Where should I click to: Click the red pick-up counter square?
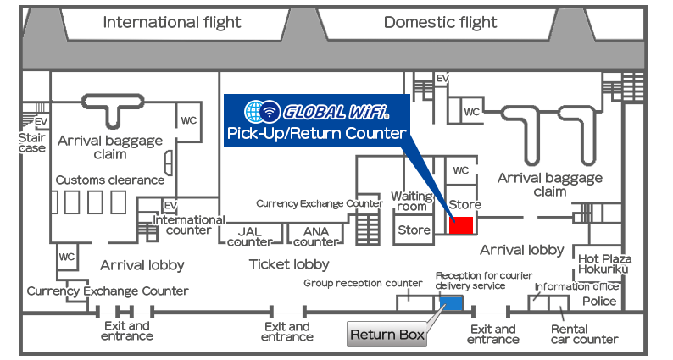[x=461, y=225]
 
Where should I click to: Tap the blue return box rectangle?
[x=451, y=303]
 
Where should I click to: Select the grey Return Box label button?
[x=387, y=335]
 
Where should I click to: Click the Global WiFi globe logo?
[x=262, y=112]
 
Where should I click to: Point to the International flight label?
[x=172, y=22]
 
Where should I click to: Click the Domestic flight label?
[x=441, y=22]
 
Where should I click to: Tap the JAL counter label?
[x=250, y=237]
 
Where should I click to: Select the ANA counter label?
[x=316, y=237]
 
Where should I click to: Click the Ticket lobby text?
[x=289, y=264]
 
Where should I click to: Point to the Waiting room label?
[x=412, y=202]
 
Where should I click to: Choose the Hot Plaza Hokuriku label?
[x=604, y=264]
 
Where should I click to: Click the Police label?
[x=599, y=302]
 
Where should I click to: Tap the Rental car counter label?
[x=585, y=335]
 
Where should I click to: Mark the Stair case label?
[x=32, y=143]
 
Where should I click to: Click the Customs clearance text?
[x=110, y=180]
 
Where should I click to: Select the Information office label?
[x=576, y=286]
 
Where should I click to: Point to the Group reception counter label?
[x=363, y=283]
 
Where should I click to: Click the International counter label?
[x=189, y=224]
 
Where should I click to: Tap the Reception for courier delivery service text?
[x=484, y=280]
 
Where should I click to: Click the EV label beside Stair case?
[x=42, y=122]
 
